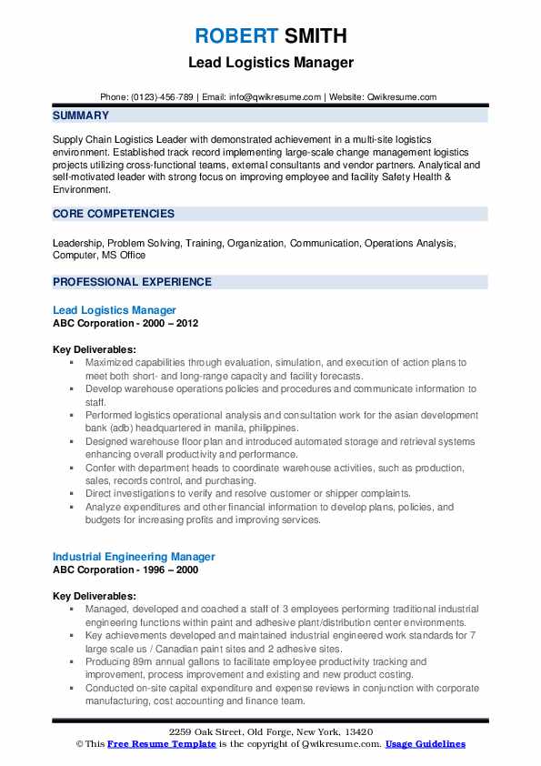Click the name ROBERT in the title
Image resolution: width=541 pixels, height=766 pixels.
tap(234, 36)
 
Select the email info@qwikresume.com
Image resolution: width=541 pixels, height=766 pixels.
tap(277, 96)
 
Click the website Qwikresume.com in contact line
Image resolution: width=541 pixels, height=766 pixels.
tap(402, 96)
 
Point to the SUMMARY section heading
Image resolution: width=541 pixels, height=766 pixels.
tap(81, 116)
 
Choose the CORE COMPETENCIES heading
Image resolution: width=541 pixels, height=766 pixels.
tap(114, 214)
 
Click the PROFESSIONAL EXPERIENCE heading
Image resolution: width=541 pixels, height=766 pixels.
tap(132, 282)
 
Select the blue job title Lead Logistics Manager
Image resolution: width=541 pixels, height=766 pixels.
tap(115, 310)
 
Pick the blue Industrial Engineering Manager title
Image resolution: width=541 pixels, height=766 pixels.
tap(134, 556)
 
